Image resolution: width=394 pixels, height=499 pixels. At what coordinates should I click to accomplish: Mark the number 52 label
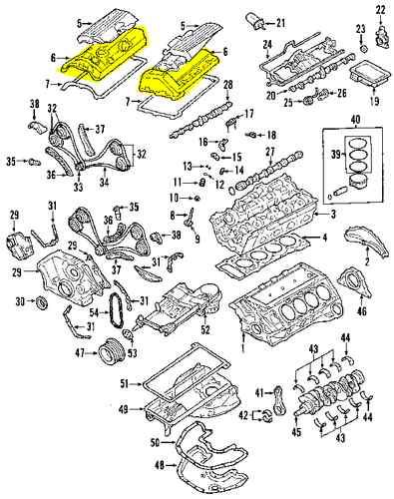click(x=205, y=330)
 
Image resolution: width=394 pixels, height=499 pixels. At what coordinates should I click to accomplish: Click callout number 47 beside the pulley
click(x=78, y=352)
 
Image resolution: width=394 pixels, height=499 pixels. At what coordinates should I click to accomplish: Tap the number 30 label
click(x=20, y=301)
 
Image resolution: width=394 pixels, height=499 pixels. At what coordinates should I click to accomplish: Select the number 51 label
click(x=125, y=384)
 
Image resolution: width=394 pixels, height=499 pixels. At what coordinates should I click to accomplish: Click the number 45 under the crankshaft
click(x=296, y=432)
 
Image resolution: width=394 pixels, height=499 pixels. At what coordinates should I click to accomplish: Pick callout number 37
click(x=99, y=130)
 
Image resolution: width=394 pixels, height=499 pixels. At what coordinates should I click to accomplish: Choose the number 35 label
click(x=11, y=160)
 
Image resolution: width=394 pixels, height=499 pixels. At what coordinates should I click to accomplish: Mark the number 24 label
click(x=268, y=45)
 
